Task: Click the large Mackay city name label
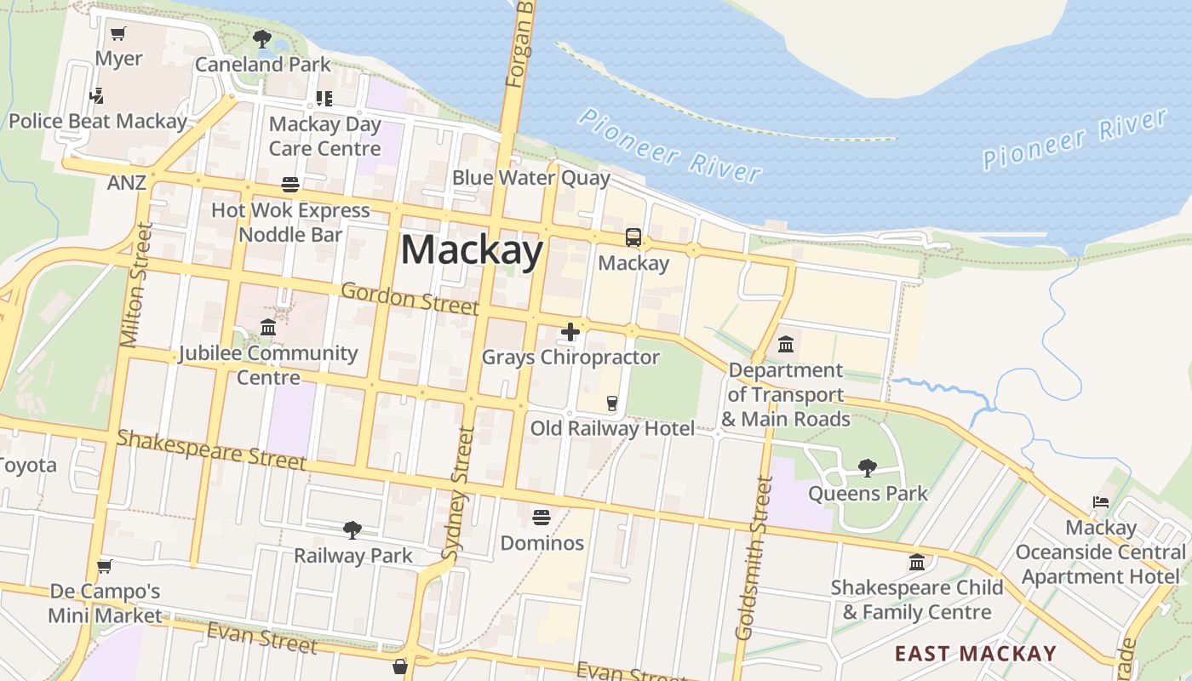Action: [472, 250]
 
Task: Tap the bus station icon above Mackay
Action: [633, 237]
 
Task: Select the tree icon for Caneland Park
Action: [262, 39]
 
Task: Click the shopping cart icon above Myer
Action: [118, 34]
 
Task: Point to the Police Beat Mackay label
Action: [98, 121]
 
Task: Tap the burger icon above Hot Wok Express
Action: [290, 185]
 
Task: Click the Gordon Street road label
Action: [410, 298]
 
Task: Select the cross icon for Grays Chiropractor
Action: [570, 332]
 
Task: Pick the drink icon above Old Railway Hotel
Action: [611, 403]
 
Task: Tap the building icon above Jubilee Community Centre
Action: [268, 328]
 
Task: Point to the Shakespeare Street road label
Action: [211, 450]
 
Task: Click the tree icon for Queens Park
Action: [868, 467]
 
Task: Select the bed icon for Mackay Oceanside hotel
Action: [1101, 502]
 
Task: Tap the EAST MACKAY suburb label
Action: [975, 654]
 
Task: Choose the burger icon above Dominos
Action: [542, 518]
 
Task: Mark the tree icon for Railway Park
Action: [352, 530]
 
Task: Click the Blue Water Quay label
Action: [531, 178]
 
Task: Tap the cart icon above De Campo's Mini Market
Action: [105, 566]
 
